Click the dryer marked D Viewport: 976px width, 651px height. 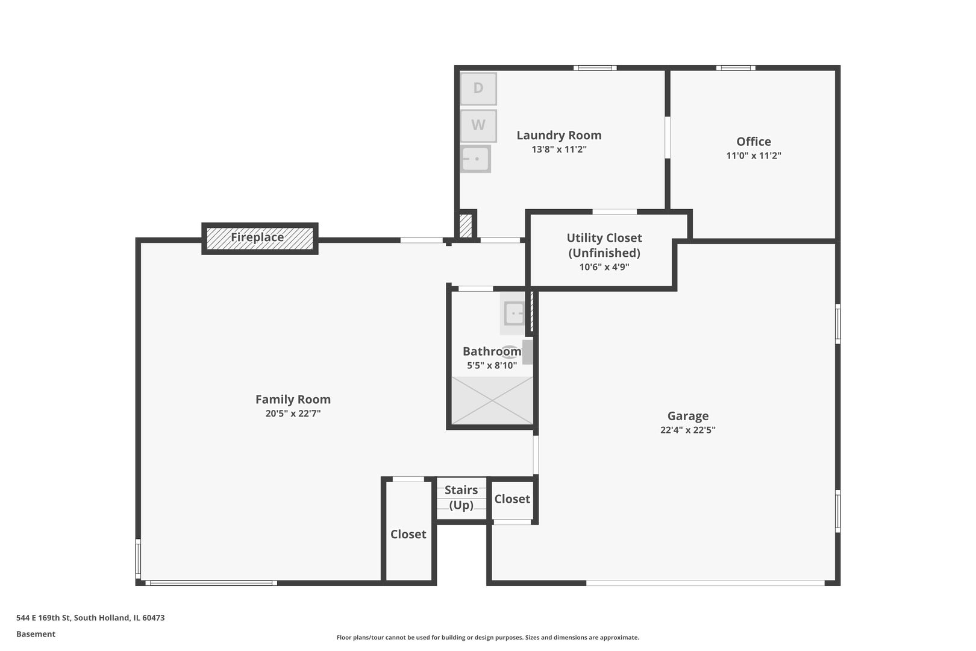478,89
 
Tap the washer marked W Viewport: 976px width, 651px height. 478,125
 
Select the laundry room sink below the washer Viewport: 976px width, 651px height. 475,159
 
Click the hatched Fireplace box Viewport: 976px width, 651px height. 259,238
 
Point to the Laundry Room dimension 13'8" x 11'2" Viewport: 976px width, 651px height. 558,149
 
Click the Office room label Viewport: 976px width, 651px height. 753,142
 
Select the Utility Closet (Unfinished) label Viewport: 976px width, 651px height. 604,245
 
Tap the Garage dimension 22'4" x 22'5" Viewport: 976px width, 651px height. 687,430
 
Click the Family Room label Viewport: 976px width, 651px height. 293,399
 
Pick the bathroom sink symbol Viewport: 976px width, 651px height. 514,313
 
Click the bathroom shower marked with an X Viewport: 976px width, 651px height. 492,401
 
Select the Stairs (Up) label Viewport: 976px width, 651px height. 461,497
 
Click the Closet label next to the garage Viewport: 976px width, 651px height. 512,499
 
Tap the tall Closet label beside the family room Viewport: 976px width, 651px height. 408,534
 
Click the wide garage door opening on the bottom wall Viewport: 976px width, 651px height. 705,583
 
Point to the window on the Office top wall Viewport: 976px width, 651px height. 735,68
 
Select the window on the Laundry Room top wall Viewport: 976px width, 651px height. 595,68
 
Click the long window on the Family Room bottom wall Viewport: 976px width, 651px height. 211,583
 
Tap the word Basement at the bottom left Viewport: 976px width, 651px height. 36,634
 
